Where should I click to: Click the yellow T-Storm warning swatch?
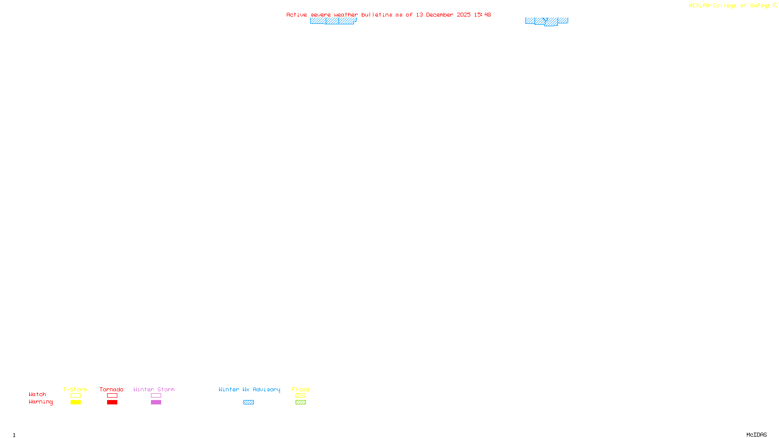pos(75,402)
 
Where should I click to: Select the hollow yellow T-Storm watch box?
pos(75,396)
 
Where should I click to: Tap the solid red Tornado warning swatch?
pos(112,402)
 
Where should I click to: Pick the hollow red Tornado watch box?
pos(112,396)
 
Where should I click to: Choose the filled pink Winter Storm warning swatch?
pos(156,402)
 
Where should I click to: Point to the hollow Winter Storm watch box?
pos(156,396)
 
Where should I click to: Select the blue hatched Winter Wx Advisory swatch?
pos(248,402)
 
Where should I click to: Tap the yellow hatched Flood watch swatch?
pos(300,396)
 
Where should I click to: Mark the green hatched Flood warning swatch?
pos(300,402)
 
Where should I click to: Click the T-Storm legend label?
pos(75,389)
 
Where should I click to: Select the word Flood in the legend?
pos(300,389)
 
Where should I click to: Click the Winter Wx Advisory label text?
pos(249,389)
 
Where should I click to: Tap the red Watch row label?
pos(37,395)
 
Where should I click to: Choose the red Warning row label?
pos(41,402)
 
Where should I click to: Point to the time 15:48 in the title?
pos(482,15)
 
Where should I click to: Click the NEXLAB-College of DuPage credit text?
pos(730,5)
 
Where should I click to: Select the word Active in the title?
pos(297,15)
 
